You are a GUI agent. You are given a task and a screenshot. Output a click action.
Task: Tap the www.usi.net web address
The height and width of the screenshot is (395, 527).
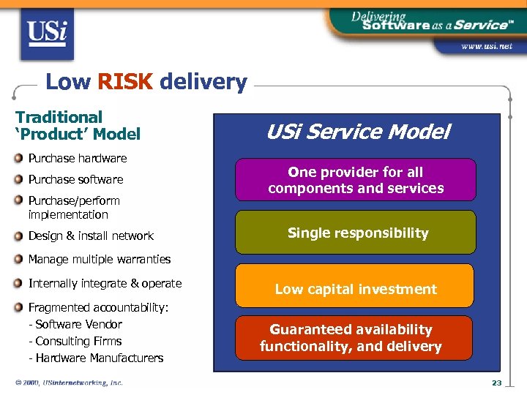click(486, 46)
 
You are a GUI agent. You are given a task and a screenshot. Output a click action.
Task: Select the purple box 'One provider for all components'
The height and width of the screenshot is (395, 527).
click(356, 180)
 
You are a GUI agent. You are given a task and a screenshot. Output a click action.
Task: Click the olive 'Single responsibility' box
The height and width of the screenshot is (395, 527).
click(356, 233)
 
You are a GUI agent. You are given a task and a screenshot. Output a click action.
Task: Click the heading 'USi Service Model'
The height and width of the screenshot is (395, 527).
click(357, 132)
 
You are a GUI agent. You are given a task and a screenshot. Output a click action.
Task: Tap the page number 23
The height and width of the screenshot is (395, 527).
click(497, 383)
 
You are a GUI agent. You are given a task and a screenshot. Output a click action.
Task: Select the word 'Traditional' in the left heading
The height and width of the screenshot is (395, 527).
click(59, 117)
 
